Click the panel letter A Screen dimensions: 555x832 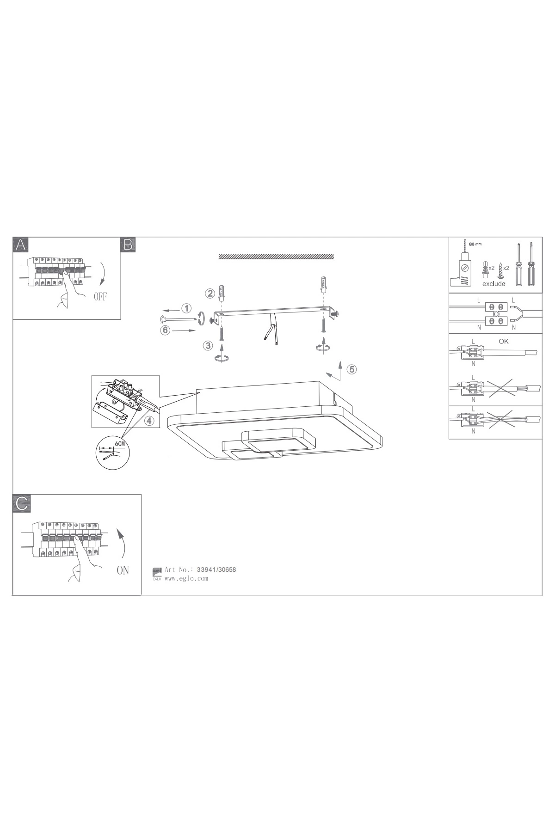tap(20, 245)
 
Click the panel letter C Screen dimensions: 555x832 tap(21, 503)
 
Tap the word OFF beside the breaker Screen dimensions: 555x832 tap(100, 297)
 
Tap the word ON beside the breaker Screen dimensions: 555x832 tap(123, 570)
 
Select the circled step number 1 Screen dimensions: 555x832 tap(186, 308)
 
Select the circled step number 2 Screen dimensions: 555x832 tap(210, 293)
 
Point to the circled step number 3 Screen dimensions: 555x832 tap(208, 345)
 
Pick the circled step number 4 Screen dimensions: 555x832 tap(148, 421)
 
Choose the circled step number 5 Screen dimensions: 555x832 tap(351, 369)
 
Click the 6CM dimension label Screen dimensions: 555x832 tap(120, 444)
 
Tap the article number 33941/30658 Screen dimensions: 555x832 tap(216, 569)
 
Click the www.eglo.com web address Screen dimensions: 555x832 tap(186, 578)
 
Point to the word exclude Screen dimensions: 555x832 tap(494, 283)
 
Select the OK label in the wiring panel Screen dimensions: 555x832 tap(504, 341)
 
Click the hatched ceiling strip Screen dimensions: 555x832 tap(276, 257)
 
